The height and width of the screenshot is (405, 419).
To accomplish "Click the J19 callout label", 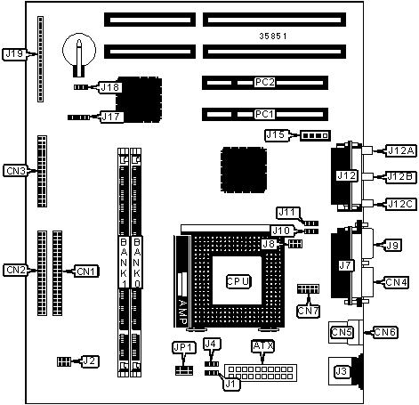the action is pyautogui.click(x=14, y=54).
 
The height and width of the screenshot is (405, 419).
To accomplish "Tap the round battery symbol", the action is pyautogui.click(x=79, y=51).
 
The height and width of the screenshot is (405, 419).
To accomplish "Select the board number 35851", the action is pyautogui.click(x=273, y=36).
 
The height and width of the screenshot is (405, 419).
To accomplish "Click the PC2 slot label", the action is pyautogui.click(x=264, y=82).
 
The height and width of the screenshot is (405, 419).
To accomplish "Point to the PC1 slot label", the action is pyautogui.click(x=264, y=114).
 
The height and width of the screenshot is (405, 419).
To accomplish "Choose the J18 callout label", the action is pyautogui.click(x=110, y=87).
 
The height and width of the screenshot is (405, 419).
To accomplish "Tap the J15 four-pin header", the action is pyautogui.click(x=315, y=135).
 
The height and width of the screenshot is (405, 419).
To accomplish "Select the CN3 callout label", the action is pyautogui.click(x=16, y=171).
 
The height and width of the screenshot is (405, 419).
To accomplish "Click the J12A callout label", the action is pyautogui.click(x=401, y=150).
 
